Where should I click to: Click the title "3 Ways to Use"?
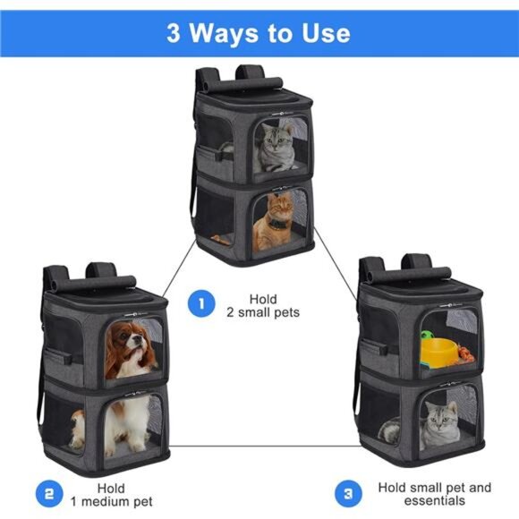point(259,33)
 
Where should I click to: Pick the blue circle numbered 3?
point(349,492)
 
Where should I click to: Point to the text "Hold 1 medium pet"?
point(112,493)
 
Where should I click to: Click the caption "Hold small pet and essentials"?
point(434,494)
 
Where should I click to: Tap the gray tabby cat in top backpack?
point(277,147)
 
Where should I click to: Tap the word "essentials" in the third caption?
point(434,502)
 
